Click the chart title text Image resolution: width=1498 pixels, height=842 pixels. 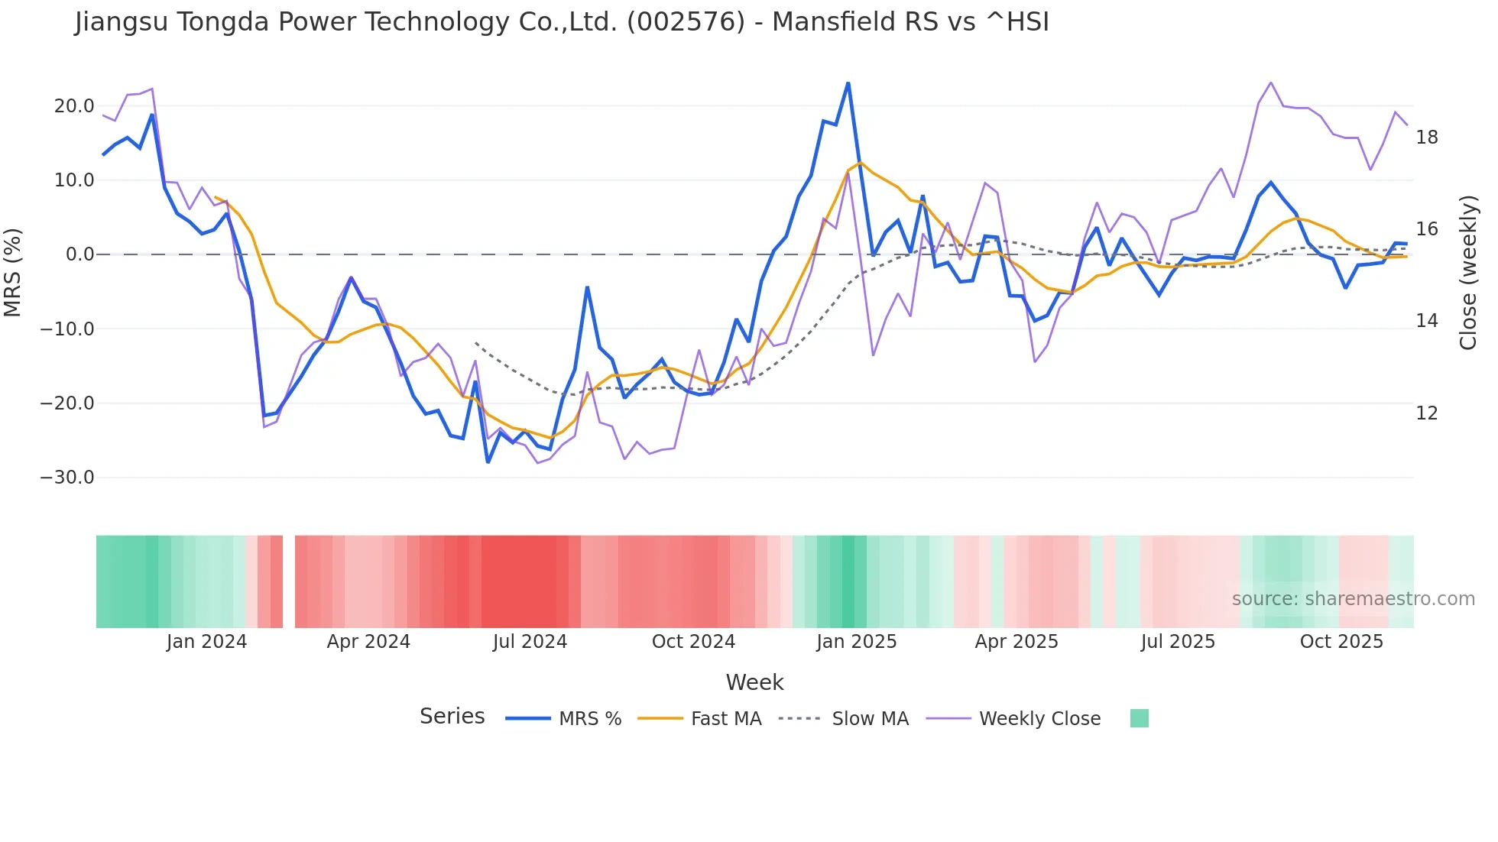coord(562,22)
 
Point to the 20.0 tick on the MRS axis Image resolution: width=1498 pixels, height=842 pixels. coord(74,106)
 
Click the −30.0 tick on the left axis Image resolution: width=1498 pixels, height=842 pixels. coord(67,478)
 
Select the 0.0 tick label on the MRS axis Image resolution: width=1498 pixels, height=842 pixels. coord(80,254)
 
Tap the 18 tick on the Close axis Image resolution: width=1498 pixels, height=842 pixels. coord(1427,138)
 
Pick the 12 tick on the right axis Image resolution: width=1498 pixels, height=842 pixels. coord(1427,413)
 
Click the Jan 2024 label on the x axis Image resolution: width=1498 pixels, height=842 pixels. coord(206,642)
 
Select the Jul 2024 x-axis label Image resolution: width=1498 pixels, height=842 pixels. coord(530,642)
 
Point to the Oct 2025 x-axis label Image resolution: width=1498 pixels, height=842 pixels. coord(1341,642)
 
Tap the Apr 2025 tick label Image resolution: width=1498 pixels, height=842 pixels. coord(1016,642)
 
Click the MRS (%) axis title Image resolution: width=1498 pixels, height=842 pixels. coord(13,272)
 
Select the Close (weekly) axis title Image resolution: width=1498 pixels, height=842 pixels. coord(1468,273)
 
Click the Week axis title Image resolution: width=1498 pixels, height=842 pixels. coord(754,682)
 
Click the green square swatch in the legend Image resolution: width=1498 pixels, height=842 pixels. coord(1139,718)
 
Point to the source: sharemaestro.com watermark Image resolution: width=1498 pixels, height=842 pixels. coord(1353,599)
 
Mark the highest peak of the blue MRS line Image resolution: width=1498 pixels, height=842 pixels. coord(848,83)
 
